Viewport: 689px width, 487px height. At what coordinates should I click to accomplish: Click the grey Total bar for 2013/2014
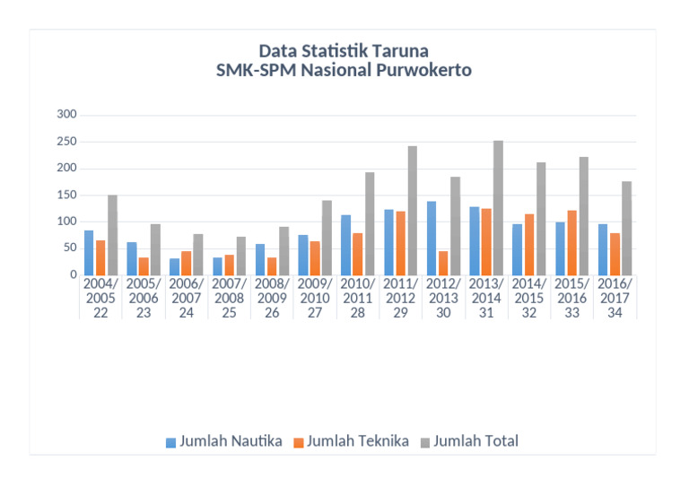[498, 208]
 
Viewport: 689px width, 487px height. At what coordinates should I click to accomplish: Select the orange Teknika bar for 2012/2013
[443, 263]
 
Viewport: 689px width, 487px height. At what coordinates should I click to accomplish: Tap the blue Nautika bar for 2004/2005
[89, 253]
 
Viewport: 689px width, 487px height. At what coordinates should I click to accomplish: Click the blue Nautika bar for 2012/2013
[432, 238]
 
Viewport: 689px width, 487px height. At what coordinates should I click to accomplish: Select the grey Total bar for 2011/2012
[413, 211]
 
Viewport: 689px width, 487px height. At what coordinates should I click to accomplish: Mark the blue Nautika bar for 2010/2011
[345, 245]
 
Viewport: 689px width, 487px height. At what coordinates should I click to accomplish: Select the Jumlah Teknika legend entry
[357, 441]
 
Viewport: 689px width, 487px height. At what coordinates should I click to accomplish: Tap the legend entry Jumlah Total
[475, 441]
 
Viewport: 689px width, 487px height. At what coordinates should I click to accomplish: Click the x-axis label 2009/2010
[316, 291]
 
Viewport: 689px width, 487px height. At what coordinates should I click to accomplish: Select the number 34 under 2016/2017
[615, 312]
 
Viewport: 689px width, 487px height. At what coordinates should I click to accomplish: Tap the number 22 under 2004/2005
[100, 312]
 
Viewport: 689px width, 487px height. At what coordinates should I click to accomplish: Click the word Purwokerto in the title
[420, 70]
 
